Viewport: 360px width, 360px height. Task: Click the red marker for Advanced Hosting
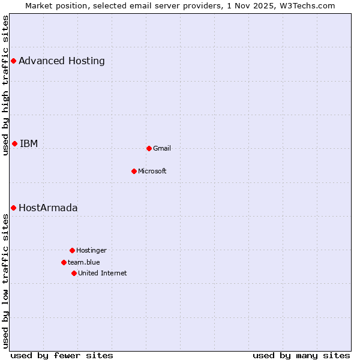13,61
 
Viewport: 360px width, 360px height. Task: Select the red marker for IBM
14,143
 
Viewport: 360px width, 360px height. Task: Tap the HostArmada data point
13,208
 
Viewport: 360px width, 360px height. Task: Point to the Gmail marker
149,148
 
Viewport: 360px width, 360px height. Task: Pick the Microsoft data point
134,171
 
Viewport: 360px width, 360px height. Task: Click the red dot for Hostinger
72,250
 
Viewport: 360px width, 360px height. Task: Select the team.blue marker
64,262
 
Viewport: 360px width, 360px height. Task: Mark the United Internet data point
74,273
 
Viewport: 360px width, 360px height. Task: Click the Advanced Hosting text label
62,61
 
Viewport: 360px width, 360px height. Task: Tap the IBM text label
29,143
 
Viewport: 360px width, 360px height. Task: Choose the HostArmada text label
48,208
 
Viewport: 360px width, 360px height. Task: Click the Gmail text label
162,148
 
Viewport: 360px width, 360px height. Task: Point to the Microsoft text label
152,171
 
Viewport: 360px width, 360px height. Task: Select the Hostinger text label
91,250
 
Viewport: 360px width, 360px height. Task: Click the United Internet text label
103,273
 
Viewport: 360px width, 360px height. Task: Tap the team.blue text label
84,262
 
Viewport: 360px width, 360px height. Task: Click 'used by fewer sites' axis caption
62,355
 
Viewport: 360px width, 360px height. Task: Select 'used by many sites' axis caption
301,355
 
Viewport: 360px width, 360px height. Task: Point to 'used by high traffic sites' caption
5,86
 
